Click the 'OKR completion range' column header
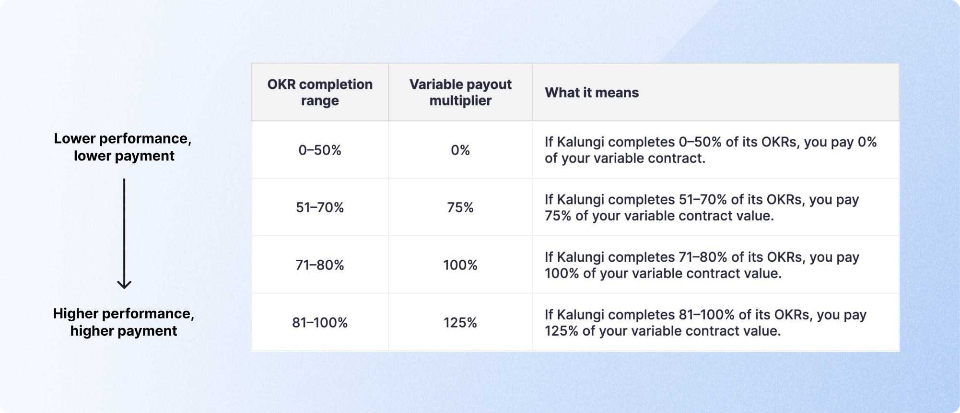pyautogui.click(x=320, y=92)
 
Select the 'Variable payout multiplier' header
pyautogui.click(x=460, y=92)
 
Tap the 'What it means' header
pyautogui.click(x=592, y=92)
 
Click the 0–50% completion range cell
pyautogui.click(x=320, y=150)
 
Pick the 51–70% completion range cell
pyautogui.click(x=320, y=207)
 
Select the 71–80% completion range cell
pyautogui.click(x=320, y=265)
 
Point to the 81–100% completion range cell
pyautogui.click(x=320, y=323)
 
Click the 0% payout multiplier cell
pyautogui.click(x=460, y=150)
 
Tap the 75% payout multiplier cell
pyautogui.click(x=460, y=207)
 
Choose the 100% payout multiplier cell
pyautogui.click(x=460, y=265)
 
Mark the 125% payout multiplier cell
pyautogui.click(x=460, y=323)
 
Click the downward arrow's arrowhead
pyautogui.click(x=124, y=287)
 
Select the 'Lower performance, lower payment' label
pyautogui.click(x=123, y=147)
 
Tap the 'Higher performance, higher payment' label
pyautogui.click(x=124, y=322)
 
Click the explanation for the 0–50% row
pyautogui.click(x=711, y=150)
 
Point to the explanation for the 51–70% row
pyautogui.click(x=702, y=207)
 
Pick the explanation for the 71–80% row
pyautogui.click(x=702, y=265)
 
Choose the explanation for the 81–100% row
pyautogui.click(x=705, y=323)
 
